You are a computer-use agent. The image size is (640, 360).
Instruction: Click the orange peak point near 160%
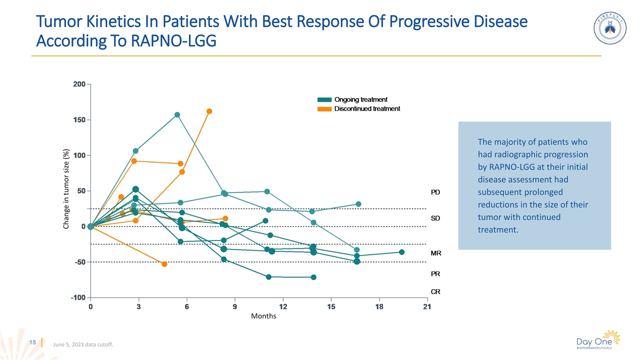pos(209,111)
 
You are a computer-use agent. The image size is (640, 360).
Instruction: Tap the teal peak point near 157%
pos(177,115)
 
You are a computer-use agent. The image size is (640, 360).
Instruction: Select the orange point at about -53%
pos(164,264)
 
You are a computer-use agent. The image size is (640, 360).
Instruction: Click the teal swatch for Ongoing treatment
pos(324,100)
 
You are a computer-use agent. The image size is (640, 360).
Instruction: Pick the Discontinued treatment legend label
pos(367,109)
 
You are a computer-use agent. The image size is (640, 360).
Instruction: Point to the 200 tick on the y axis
pos(79,84)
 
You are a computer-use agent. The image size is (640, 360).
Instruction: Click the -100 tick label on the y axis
pos(78,298)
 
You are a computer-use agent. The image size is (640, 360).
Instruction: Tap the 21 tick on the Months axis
pos(427,307)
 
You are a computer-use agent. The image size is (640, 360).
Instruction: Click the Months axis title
pos(263,316)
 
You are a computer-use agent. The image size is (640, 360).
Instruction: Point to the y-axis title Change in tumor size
pos(67,189)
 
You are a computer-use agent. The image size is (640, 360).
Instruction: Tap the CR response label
pos(435,292)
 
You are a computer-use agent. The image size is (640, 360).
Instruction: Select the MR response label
pos(435,253)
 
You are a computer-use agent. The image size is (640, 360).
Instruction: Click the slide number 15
pos(33,342)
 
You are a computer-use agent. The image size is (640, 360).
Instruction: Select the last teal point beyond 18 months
pos(402,252)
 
